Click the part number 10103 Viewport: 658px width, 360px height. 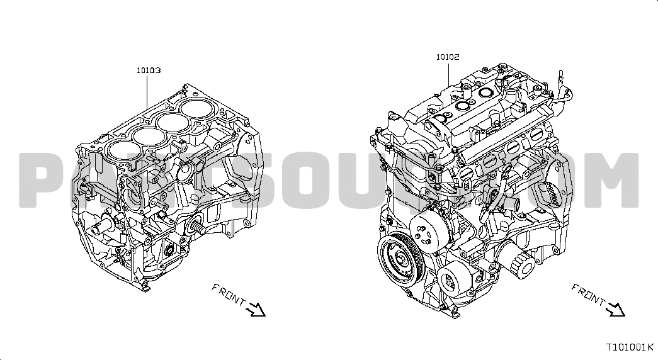pos(149,70)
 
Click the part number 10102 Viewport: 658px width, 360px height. pos(448,57)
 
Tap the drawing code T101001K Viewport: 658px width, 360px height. pos(630,347)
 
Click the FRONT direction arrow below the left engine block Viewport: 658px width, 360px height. pos(256,309)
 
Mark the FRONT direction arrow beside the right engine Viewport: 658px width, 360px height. pos(615,309)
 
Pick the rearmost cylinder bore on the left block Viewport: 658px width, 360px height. pos(195,107)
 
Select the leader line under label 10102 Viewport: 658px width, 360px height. pos(448,74)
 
